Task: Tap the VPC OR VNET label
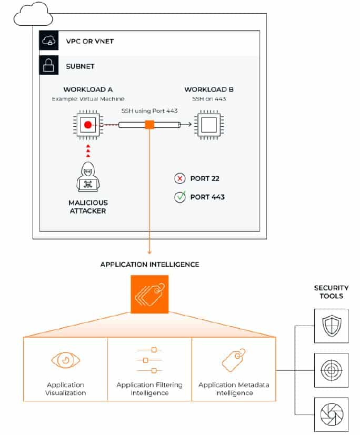point(89,42)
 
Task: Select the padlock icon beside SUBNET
point(49,65)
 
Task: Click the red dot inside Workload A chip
point(88,125)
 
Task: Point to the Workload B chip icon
point(209,125)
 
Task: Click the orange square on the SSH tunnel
point(149,125)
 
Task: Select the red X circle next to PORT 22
point(179,178)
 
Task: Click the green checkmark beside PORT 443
point(180,197)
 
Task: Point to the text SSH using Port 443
point(149,111)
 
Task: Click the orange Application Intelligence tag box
point(149,294)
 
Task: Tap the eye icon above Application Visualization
point(65,360)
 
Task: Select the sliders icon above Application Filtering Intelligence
point(149,360)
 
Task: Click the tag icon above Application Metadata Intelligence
point(234,360)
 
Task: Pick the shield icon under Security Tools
point(332,326)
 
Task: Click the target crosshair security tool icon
point(332,370)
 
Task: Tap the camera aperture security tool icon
point(332,414)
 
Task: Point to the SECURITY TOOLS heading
point(331,292)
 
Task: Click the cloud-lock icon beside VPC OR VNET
point(49,41)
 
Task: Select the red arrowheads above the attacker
point(88,150)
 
